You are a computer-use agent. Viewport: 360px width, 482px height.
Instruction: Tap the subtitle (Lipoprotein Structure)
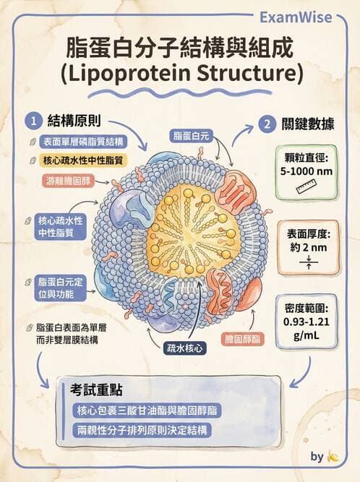click(x=179, y=74)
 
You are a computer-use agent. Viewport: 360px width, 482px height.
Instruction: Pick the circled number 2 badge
click(x=267, y=124)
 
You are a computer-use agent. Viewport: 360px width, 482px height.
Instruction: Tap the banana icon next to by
click(x=333, y=457)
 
